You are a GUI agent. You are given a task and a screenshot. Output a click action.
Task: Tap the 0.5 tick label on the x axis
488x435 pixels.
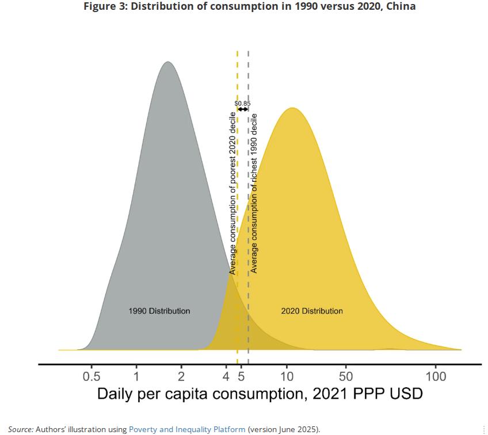coord(91,377)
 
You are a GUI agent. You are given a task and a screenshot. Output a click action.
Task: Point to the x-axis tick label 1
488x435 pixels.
coord(136,377)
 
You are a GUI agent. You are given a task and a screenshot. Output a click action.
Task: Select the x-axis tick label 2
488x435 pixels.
coord(181,377)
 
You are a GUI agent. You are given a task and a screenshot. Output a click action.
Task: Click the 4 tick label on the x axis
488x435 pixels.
coord(226,377)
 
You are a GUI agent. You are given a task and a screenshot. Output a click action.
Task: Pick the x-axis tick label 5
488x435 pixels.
coord(241,377)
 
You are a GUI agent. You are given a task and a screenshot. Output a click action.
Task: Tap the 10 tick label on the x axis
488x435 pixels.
coord(287,377)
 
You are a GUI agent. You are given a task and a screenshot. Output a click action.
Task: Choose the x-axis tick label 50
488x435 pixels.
coord(345,377)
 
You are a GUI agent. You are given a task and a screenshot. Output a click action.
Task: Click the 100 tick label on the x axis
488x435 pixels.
coord(436,377)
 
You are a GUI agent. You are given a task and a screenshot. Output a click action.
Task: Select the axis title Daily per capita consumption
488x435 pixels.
coord(260,394)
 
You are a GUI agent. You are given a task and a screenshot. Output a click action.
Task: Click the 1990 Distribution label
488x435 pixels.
coord(159,311)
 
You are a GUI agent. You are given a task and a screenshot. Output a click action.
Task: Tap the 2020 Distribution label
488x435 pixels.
coord(312,311)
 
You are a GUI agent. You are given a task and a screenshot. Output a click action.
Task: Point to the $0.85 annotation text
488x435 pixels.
coord(243,103)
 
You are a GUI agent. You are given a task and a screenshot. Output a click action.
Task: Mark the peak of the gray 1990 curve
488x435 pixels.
coord(167,62)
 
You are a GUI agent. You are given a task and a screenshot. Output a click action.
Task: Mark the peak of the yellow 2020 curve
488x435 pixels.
coord(292,108)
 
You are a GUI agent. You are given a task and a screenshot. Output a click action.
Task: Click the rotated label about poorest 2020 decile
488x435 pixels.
coord(232,193)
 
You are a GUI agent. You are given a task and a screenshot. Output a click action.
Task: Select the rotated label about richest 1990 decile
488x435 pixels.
coord(254,193)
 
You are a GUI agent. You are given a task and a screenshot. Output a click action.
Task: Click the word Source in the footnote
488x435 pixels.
coord(20,429)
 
